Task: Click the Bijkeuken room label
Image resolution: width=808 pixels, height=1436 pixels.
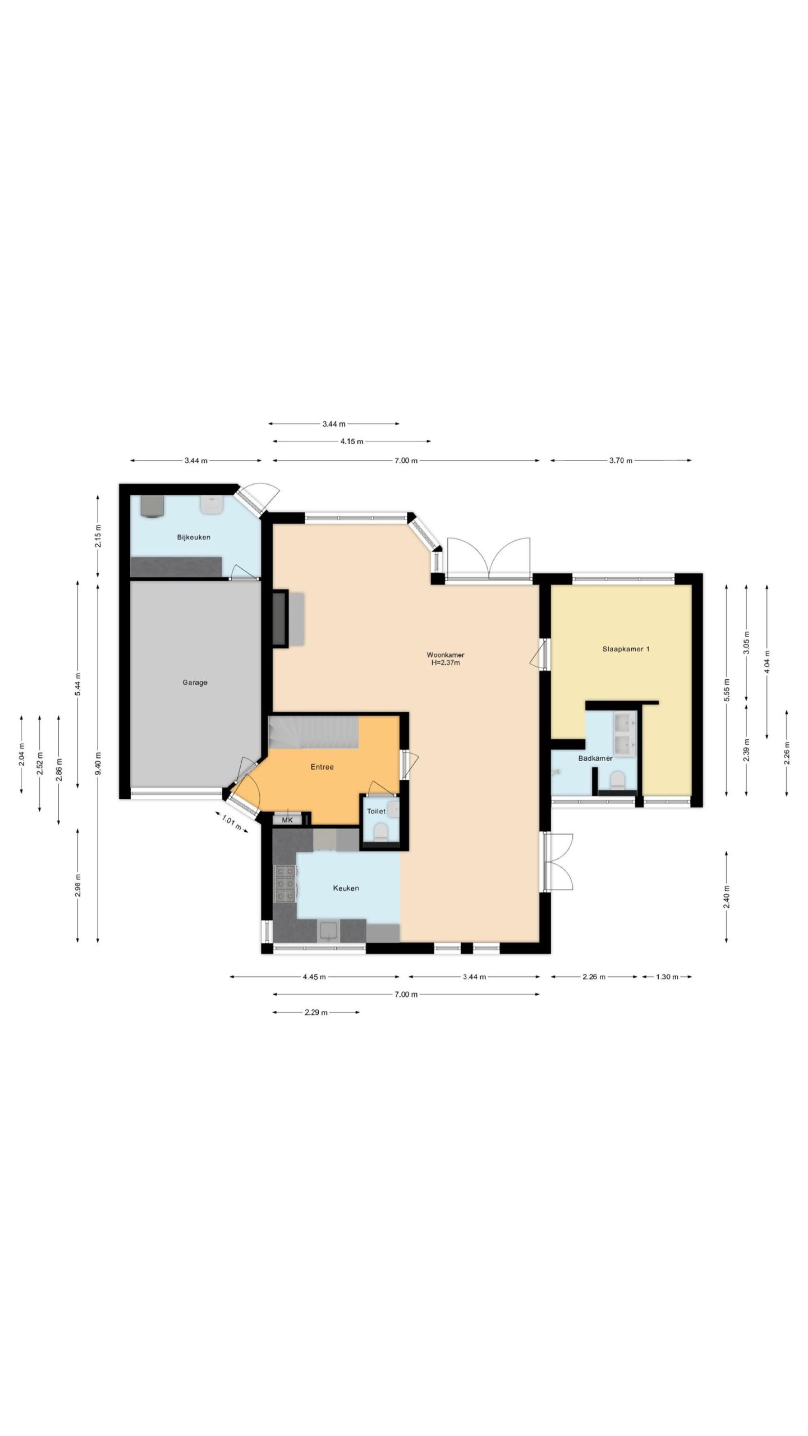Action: [x=194, y=537]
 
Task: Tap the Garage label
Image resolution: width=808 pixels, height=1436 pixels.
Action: [x=195, y=683]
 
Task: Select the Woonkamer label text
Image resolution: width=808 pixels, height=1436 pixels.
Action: [x=446, y=655]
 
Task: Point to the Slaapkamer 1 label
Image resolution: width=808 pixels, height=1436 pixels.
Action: [x=626, y=649]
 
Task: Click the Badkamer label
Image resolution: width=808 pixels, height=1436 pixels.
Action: [x=595, y=758]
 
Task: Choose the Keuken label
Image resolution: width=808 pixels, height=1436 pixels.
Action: [x=346, y=888]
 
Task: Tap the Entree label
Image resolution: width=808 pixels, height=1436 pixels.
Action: [x=322, y=767]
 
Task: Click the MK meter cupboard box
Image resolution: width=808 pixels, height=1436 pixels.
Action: [x=287, y=820]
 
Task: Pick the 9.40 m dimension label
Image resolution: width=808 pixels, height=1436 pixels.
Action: [x=98, y=762]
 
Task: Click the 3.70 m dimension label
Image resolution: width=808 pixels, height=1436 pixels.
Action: [x=621, y=461]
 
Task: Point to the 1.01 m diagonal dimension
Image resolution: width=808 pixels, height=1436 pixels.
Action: [x=232, y=822]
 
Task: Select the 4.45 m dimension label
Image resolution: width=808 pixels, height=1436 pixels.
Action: [x=314, y=977]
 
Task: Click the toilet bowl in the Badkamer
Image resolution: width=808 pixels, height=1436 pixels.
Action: [x=617, y=780]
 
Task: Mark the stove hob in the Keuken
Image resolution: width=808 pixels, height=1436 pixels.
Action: [x=284, y=883]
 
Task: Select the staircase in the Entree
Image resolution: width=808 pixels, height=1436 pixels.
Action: [x=314, y=732]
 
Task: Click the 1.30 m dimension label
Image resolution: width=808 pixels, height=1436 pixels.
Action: [x=667, y=977]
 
